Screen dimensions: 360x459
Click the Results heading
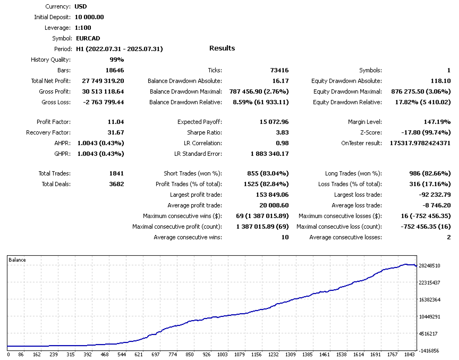click(222, 48)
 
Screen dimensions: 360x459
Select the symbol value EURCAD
click(88, 38)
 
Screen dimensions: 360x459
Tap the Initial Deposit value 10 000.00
click(89, 17)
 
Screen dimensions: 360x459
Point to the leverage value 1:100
click(86, 28)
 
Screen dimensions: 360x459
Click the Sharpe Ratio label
click(205, 132)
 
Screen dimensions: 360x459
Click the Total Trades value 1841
click(116, 173)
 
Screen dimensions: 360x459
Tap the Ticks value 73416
click(279, 70)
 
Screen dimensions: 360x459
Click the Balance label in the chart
click(18, 260)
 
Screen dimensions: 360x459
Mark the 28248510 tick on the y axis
click(430, 265)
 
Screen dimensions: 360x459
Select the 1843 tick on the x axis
click(409, 354)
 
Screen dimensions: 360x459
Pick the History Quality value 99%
click(117, 60)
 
